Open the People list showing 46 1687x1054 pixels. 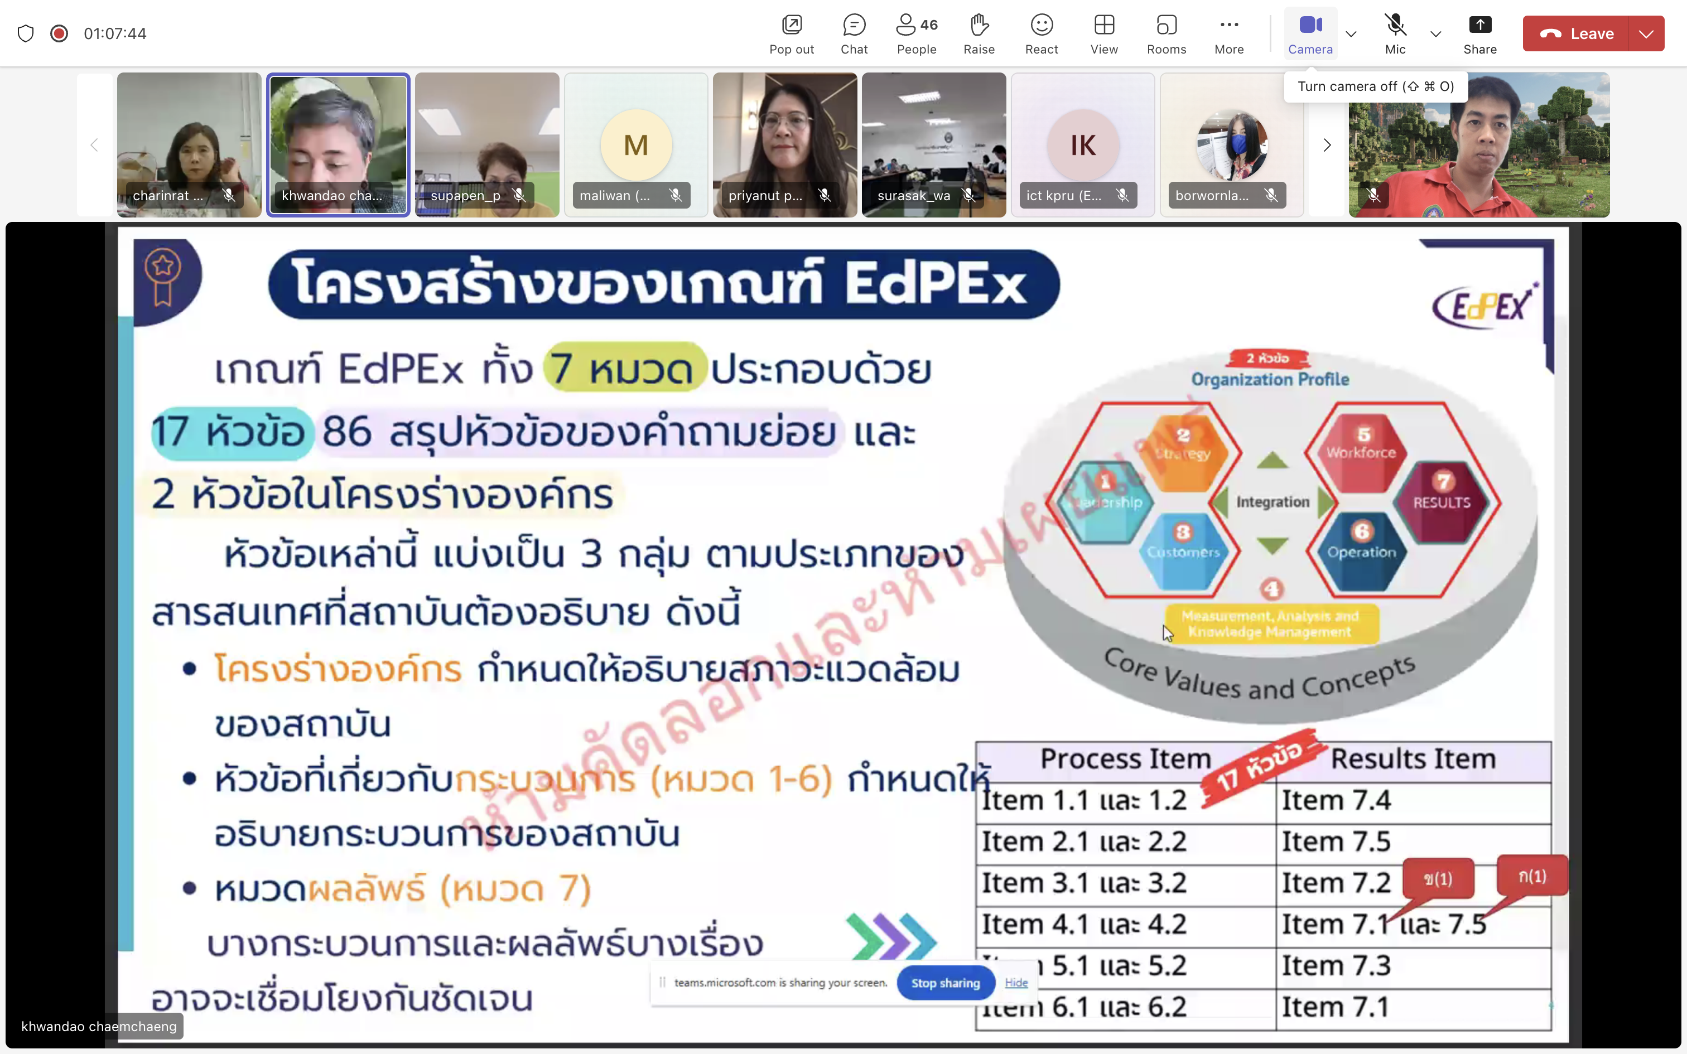click(x=916, y=33)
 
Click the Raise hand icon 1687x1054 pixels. click(x=979, y=33)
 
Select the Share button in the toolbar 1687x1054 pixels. click(x=1479, y=33)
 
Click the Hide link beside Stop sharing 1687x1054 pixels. click(x=1016, y=982)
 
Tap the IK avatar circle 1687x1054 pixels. click(x=1083, y=145)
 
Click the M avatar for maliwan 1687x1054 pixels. click(x=636, y=145)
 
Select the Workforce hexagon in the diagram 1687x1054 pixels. click(x=1361, y=446)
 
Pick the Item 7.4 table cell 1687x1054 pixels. click(x=1336, y=800)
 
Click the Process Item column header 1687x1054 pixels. click(x=1125, y=758)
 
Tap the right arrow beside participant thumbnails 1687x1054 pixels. click(x=1327, y=145)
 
